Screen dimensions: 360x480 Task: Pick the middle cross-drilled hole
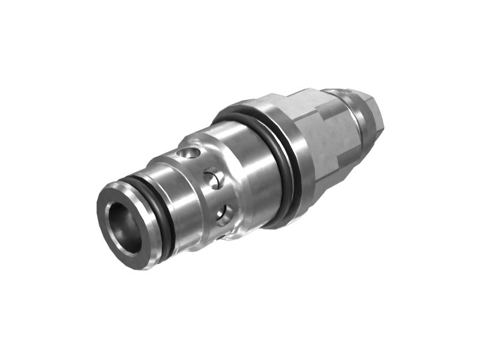click(214, 178)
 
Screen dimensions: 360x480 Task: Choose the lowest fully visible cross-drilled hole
click(224, 214)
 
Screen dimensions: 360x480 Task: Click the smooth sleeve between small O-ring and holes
click(180, 198)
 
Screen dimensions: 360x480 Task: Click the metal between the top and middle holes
click(203, 165)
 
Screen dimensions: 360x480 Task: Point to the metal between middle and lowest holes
click(219, 196)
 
